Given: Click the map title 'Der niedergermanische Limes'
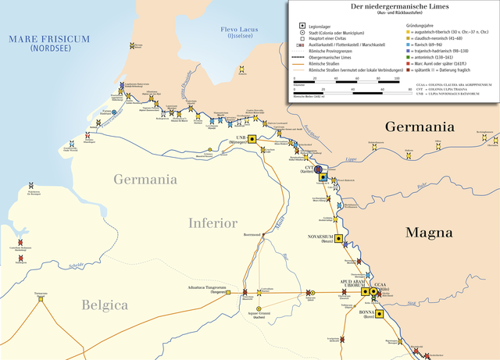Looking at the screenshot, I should click(392, 7).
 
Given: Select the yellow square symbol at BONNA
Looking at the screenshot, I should click(380, 314).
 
